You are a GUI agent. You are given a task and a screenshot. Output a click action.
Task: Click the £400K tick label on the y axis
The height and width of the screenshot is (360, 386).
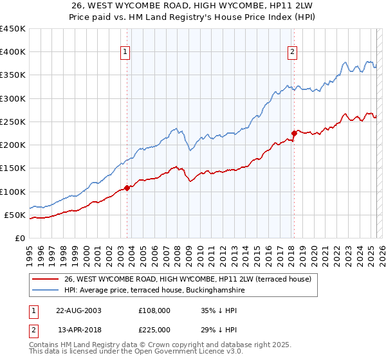[x=13, y=52]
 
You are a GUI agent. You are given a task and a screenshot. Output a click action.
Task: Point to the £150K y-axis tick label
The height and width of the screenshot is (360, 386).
[x=13, y=168]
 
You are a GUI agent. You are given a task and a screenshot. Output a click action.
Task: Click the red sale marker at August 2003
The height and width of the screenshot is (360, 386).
[x=127, y=188]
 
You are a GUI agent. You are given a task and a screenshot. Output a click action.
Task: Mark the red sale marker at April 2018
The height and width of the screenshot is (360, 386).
[x=294, y=134]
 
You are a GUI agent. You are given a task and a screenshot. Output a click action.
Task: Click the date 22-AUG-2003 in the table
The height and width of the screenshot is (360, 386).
[x=78, y=310]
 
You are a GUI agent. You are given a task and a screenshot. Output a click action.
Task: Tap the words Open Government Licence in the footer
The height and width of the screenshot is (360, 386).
[x=187, y=353]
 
